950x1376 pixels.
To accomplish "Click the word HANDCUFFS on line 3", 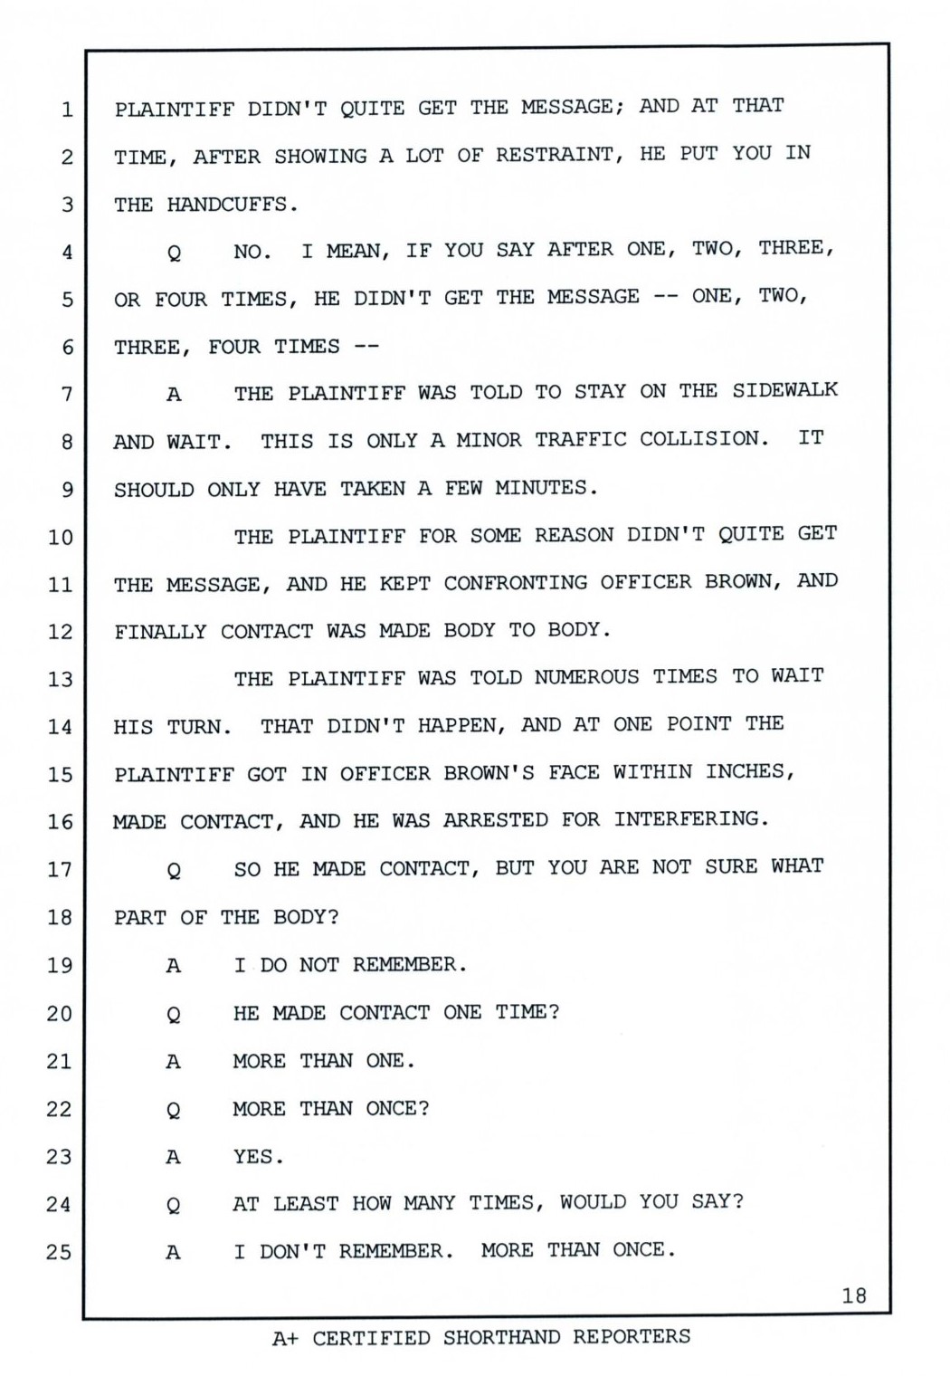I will [x=232, y=205].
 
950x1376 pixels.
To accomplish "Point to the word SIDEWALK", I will [x=784, y=390].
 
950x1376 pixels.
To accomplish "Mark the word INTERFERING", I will [x=691, y=819].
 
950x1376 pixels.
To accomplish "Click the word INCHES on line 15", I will [x=749, y=771].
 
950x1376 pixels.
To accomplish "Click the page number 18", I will [x=853, y=1295].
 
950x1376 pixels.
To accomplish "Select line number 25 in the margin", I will [x=59, y=1252].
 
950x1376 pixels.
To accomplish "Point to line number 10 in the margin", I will [x=60, y=537].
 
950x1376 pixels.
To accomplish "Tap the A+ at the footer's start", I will [x=286, y=1338].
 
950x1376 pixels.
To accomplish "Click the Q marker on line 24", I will [x=173, y=1205].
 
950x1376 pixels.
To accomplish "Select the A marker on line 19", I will [x=173, y=966].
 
